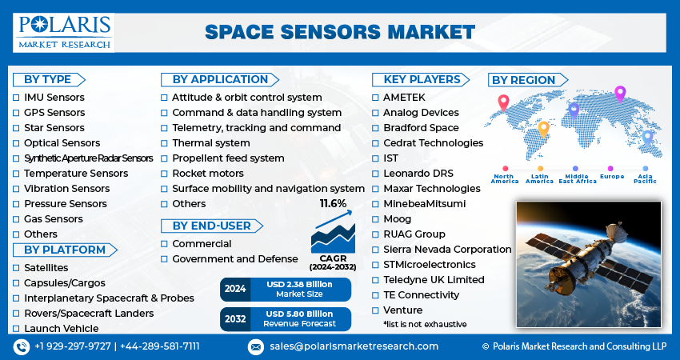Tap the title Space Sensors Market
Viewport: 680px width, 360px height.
339,32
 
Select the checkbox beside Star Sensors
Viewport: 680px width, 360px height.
16,128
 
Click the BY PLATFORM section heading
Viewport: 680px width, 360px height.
59,250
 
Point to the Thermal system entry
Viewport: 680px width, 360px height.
210,143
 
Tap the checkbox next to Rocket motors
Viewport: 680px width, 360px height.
165,174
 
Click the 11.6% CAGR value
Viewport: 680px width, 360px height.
333,204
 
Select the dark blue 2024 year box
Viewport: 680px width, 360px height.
235,289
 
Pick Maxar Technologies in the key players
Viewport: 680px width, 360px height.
431,189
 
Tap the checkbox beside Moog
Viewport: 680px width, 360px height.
376,219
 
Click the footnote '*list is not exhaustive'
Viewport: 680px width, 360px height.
425,324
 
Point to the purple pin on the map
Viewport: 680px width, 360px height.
619,94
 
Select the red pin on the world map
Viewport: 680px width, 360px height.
503,102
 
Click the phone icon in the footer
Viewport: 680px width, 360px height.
22,346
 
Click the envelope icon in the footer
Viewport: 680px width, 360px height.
256,346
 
